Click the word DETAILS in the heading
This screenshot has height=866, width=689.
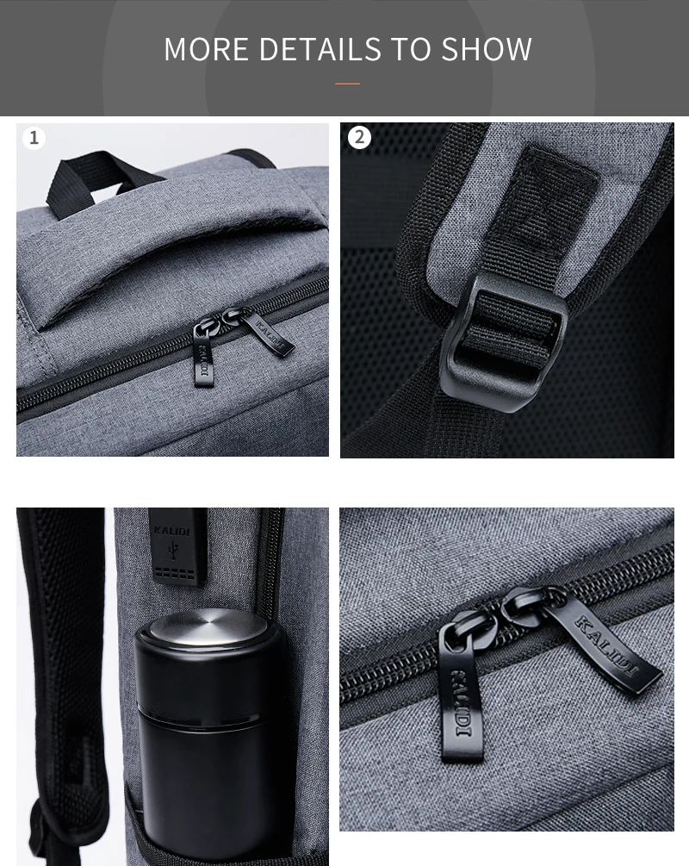pos(320,49)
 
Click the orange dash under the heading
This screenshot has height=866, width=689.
pos(347,84)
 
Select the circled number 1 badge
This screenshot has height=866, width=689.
pos(34,138)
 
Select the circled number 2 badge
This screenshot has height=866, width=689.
pos(359,137)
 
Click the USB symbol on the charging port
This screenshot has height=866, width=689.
pos(174,550)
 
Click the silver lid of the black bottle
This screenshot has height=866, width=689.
pos(208,626)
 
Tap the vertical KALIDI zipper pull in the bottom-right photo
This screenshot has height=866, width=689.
pos(462,690)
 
